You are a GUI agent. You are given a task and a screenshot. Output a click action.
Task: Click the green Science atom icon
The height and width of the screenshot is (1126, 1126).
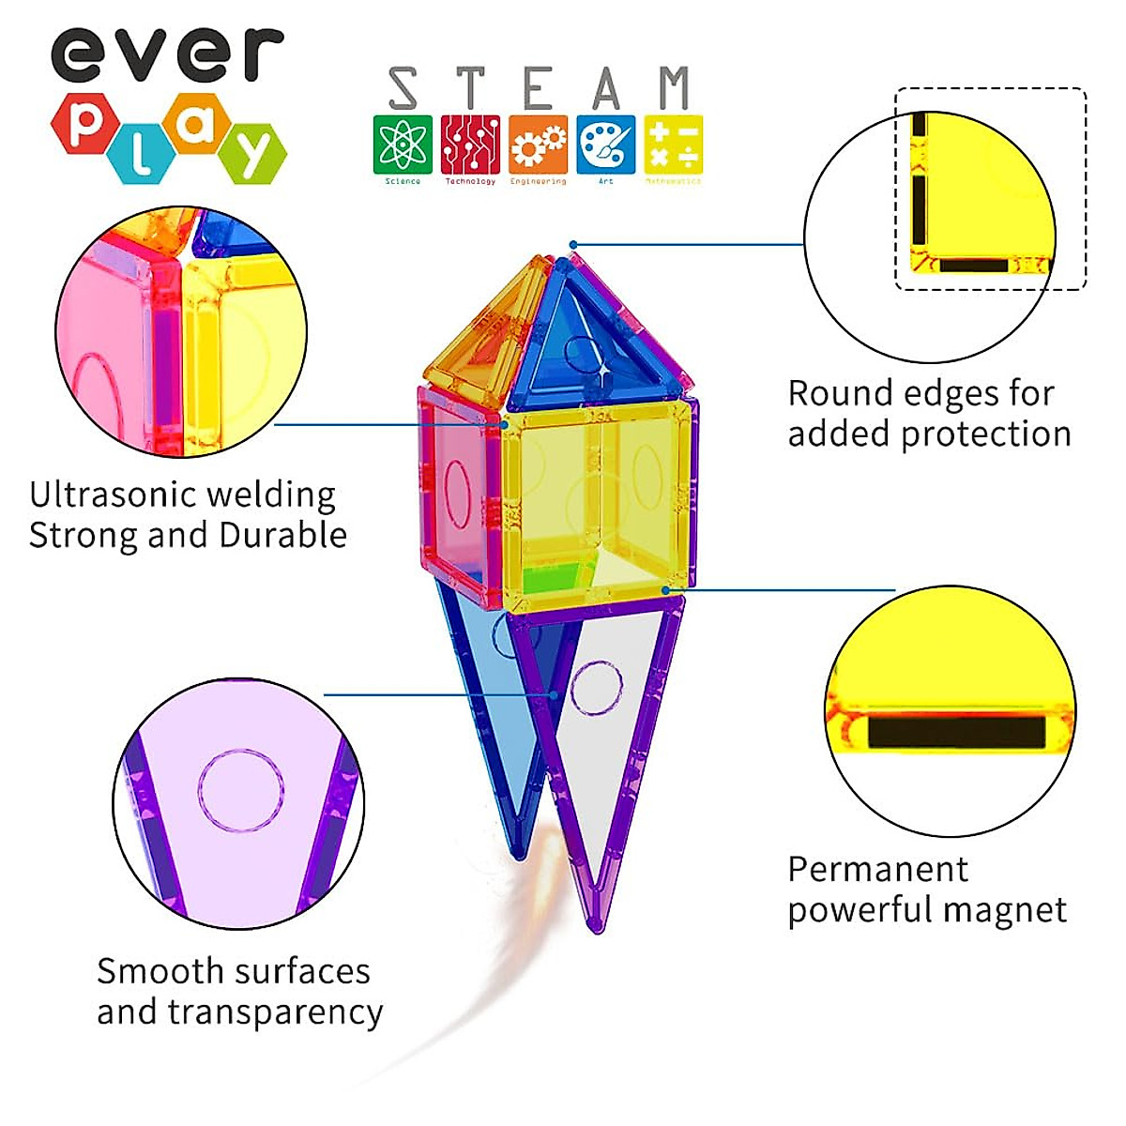click(403, 144)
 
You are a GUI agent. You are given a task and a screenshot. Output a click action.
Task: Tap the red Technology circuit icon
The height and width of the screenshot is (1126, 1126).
click(470, 144)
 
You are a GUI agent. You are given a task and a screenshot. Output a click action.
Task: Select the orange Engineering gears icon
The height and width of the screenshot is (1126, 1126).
click(539, 144)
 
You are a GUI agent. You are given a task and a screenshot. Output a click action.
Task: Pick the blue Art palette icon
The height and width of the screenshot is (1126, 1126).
click(606, 144)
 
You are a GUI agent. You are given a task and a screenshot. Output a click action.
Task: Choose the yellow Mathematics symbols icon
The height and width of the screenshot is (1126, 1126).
click(673, 144)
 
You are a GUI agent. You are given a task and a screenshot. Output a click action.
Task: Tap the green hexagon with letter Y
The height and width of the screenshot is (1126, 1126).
click(252, 152)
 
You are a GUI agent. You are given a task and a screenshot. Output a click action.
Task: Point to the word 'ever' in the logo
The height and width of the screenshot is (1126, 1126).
click(166, 53)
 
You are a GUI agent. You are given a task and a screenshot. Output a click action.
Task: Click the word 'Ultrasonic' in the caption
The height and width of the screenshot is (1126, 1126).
click(111, 495)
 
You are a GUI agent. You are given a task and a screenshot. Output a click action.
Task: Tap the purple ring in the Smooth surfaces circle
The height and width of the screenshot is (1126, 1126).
click(241, 790)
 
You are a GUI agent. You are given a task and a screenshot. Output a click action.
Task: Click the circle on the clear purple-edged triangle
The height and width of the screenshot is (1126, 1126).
click(597, 688)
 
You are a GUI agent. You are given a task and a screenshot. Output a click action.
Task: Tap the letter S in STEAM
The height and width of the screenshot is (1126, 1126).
click(403, 89)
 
